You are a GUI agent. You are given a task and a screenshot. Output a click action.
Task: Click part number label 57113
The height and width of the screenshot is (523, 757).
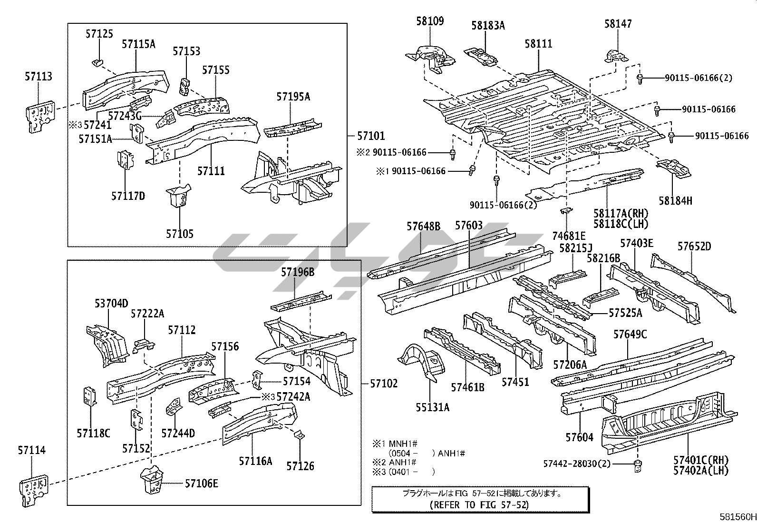click(x=39, y=77)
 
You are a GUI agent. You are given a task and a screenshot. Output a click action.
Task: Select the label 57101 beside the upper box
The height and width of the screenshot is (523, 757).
click(x=371, y=136)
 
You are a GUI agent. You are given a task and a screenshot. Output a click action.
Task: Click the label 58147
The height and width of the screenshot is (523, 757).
click(x=618, y=24)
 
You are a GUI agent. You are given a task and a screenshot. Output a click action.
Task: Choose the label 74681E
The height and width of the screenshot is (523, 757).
click(x=569, y=236)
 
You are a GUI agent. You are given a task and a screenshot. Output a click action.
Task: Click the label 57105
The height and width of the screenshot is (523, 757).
click(x=180, y=234)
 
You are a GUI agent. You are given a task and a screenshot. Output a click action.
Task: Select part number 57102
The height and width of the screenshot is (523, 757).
click(x=384, y=384)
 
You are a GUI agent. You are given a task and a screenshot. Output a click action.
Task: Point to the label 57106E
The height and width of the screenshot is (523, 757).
click(x=202, y=484)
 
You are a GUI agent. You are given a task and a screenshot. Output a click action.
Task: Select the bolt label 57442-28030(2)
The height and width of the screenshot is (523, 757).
click(x=577, y=464)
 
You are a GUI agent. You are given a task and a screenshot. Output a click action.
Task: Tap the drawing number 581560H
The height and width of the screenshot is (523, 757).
click(x=737, y=517)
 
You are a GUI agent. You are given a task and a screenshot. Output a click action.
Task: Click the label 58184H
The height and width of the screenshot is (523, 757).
click(x=675, y=201)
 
